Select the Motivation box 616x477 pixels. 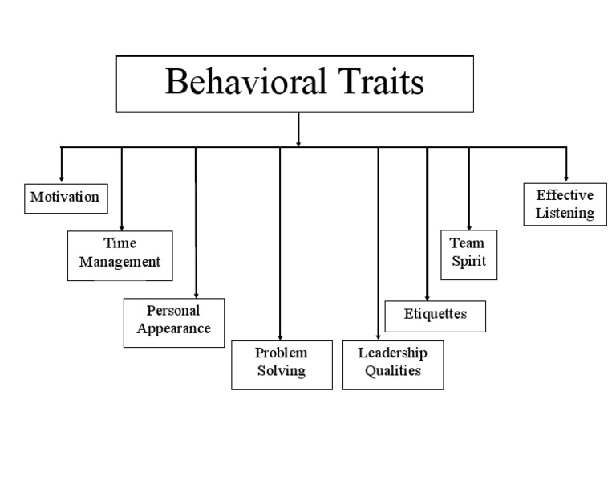pyautogui.click(x=65, y=197)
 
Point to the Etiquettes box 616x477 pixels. pyautogui.click(x=436, y=315)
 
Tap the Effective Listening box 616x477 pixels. pyautogui.click(x=565, y=204)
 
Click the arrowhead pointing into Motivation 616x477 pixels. pyautogui.click(x=62, y=179)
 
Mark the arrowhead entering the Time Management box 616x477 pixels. pyautogui.click(x=122, y=227)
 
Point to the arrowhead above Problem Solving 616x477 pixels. pyautogui.click(x=280, y=338)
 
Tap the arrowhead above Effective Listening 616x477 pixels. pyautogui.click(x=565, y=178)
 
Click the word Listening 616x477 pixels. pyautogui.click(x=565, y=214)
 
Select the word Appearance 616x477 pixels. pyautogui.click(x=173, y=329)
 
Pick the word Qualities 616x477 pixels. pyautogui.click(x=393, y=372)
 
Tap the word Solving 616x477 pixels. pyautogui.click(x=282, y=372)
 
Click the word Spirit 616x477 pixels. pyautogui.click(x=468, y=262)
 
